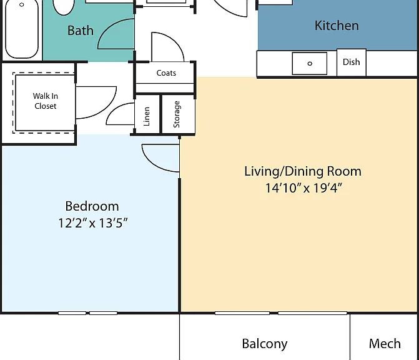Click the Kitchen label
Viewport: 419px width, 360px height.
click(x=337, y=26)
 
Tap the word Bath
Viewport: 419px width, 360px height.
click(x=81, y=31)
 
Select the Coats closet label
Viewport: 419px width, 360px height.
click(x=166, y=72)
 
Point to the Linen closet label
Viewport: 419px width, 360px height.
click(x=147, y=116)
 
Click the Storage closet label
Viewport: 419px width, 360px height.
click(x=177, y=114)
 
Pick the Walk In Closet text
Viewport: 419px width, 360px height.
click(x=46, y=101)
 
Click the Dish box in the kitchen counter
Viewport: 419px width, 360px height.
click(x=352, y=62)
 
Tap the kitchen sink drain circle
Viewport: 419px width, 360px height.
click(x=310, y=64)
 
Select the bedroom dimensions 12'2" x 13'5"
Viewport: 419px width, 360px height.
click(x=92, y=223)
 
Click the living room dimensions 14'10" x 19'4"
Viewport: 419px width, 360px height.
click(x=303, y=187)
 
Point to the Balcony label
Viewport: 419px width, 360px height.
click(x=265, y=344)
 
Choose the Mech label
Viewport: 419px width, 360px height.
click(x=385, y=344)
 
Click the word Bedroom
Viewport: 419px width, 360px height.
click(x=92, y=206)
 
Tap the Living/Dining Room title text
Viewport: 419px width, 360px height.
click(x=303, y=171)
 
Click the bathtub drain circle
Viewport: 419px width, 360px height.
click(x=22, y=4)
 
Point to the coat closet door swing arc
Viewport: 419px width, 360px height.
click(x=174, y=41)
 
